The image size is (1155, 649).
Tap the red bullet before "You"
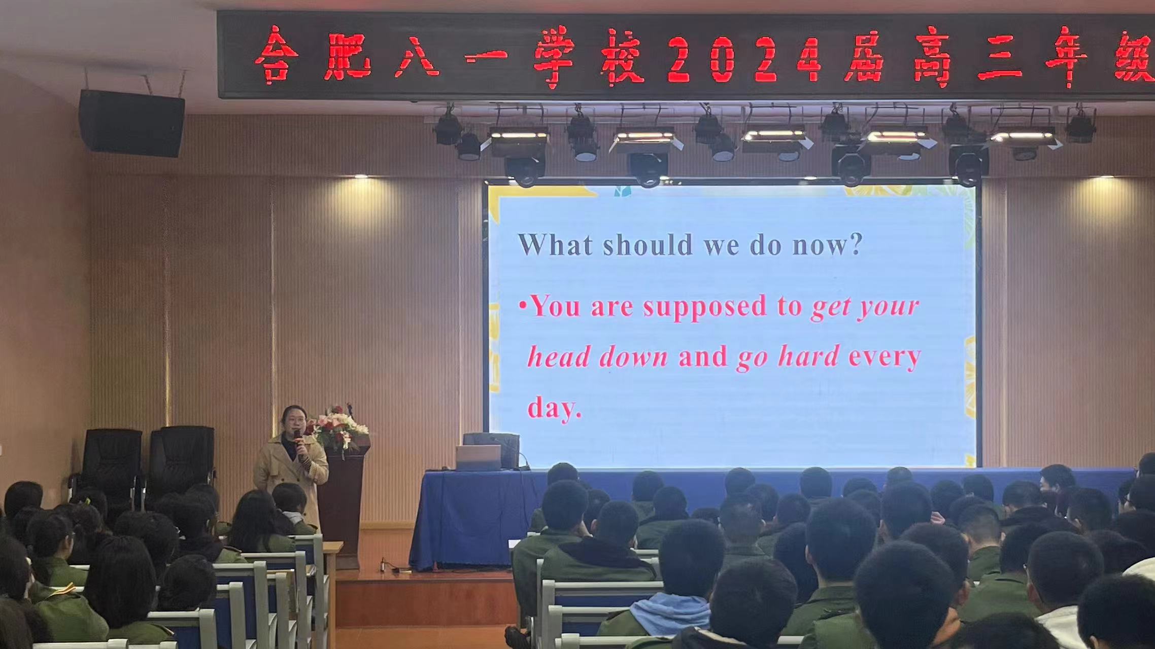(522, 307)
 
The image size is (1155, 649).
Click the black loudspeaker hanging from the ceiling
(131, 123)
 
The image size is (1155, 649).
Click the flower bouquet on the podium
(338, 428)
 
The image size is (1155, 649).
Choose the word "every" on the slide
(885, 356)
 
